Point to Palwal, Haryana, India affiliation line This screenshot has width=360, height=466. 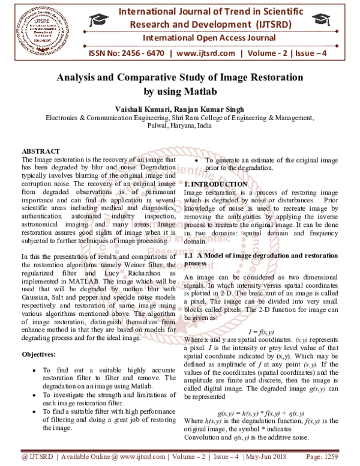point(179,127)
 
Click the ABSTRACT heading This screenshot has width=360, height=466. point(40,151)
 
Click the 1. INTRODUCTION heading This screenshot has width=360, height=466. point(214,183)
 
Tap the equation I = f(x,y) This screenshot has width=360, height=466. point(261,331)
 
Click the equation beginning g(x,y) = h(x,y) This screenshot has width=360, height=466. point(261,413)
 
